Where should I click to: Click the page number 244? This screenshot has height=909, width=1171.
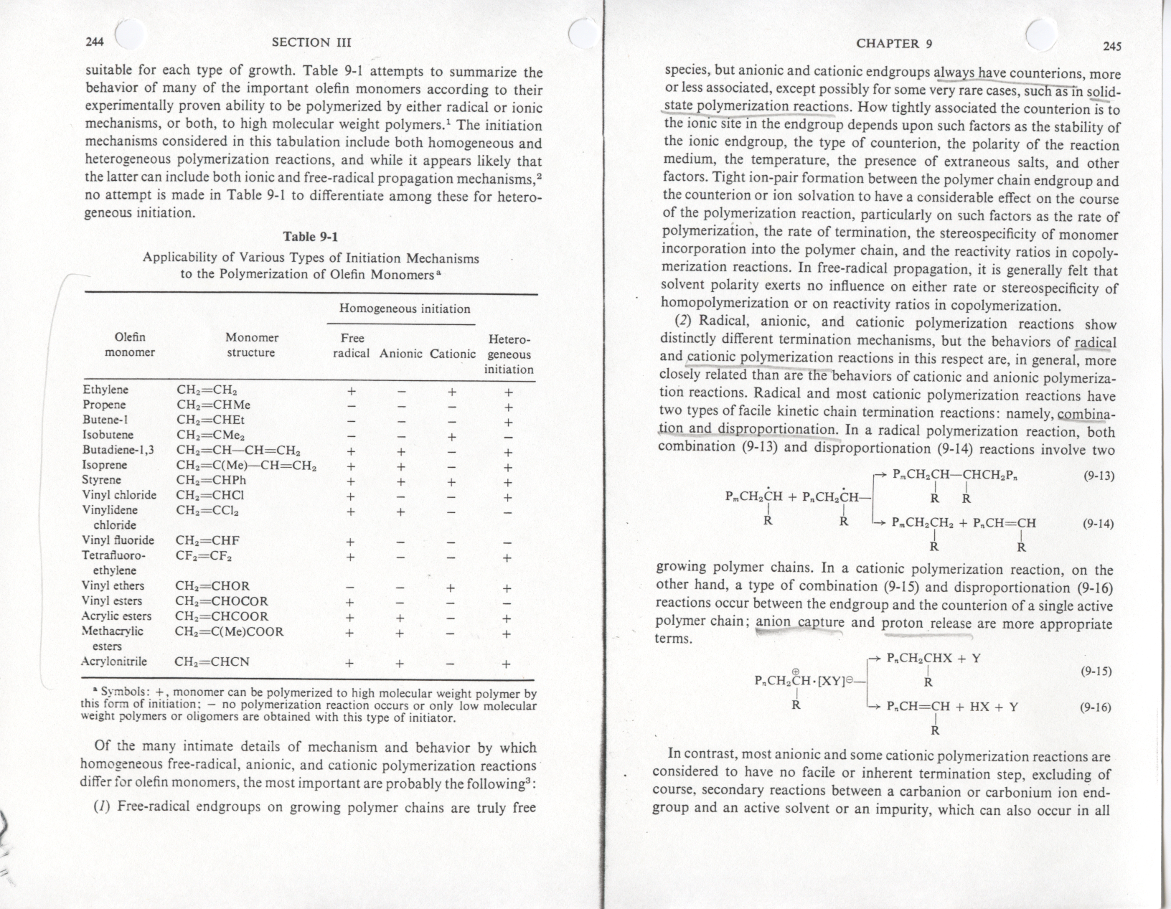[x=94, y=42]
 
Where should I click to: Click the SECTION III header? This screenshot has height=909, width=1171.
[x=311, y=42]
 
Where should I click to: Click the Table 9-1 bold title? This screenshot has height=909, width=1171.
[x=311, y=237]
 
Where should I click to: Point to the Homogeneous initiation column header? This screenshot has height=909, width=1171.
[x=405, y=309]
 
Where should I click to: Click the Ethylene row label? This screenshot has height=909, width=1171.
[x=105, y=390]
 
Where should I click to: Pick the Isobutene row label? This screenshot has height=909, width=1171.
[x=108, y=435]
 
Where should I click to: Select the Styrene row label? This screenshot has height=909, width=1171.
[x=102, y=480]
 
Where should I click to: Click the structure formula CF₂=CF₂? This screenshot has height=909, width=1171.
[x=204, y=555]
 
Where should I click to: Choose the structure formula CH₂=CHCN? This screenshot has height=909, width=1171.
[x=212, y=661]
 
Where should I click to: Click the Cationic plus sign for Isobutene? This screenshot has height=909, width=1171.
[x=451, y=435]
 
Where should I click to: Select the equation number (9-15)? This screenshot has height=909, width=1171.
[x=1095, y=672]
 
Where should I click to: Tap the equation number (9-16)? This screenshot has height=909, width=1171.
[x=1095, y=707]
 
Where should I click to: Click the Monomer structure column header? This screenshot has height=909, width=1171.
[x=251, y=345]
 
